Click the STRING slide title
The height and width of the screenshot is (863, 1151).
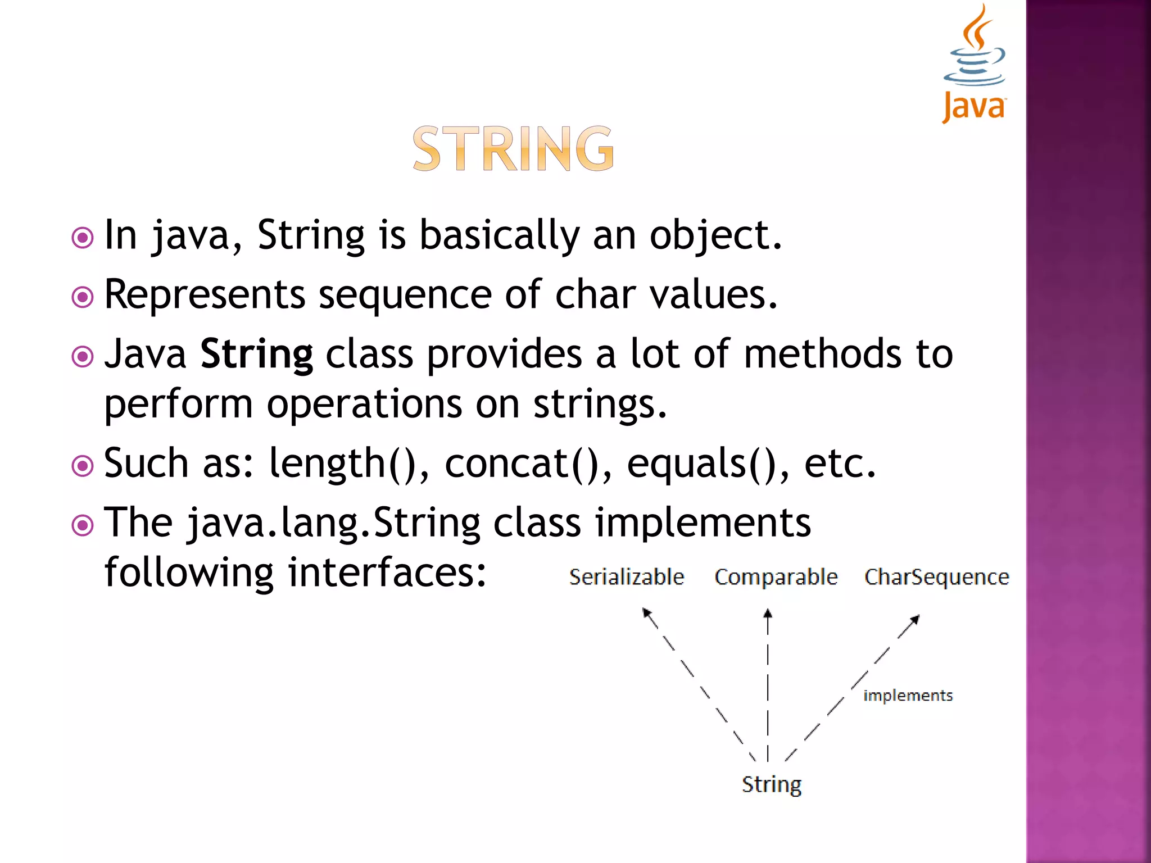tap(513, 149)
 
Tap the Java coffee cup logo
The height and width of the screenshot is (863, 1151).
tap(975, 62)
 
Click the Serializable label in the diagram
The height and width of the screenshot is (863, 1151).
tap(627, 577)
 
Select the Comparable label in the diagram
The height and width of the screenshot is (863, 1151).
tap(776, 577)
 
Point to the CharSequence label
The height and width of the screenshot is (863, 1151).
tap(936, 577)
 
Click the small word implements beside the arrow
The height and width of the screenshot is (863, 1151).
tap(908, 696)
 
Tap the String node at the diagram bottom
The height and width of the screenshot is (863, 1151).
tap(771, 784)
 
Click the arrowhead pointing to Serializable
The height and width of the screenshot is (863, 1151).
tap(647, 612)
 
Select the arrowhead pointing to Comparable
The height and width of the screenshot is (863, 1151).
tap(768, 614)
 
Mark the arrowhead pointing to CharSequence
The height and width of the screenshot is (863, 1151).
tap(915, 619)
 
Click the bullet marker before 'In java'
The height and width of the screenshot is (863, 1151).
tap(83, 238)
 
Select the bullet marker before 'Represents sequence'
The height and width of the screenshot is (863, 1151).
tap(83, 297)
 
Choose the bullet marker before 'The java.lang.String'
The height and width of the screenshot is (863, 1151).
tap(83, 525)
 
